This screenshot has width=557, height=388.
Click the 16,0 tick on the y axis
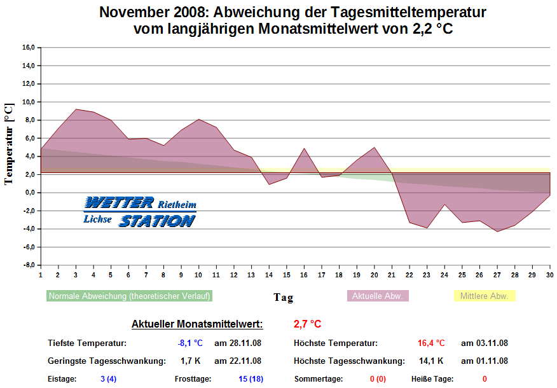28,47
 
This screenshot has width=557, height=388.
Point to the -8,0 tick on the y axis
28,265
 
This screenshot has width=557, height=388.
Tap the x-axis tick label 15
287,275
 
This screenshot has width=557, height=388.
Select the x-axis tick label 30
549,275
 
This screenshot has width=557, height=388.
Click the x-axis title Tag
283,297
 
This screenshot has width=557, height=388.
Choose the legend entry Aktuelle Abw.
378,296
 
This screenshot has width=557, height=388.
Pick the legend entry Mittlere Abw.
484,296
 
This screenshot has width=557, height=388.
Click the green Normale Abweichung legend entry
130,296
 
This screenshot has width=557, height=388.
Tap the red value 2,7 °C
307,324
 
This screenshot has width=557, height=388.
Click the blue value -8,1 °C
190,343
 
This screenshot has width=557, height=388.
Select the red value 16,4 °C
431,343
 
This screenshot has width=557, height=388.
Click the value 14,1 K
431,361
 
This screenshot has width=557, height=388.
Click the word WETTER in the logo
119,203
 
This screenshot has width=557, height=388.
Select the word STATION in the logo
157,221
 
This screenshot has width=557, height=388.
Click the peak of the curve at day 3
76,109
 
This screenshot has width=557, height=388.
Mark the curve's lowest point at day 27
497,232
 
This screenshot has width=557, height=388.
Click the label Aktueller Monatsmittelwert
197,324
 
